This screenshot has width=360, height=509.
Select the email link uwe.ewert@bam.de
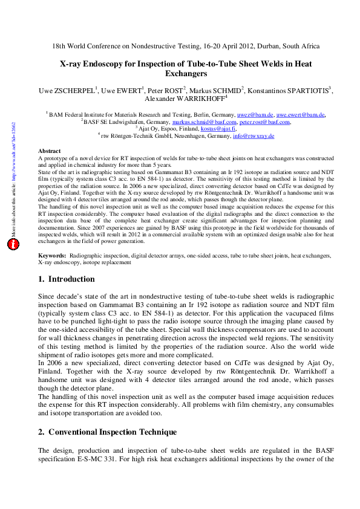tap(300, 114)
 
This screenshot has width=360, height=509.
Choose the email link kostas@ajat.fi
tap(220, 129)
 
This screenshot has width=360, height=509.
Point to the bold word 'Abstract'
tap(49, 151)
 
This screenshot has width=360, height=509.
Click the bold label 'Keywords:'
tap(52, 273)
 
